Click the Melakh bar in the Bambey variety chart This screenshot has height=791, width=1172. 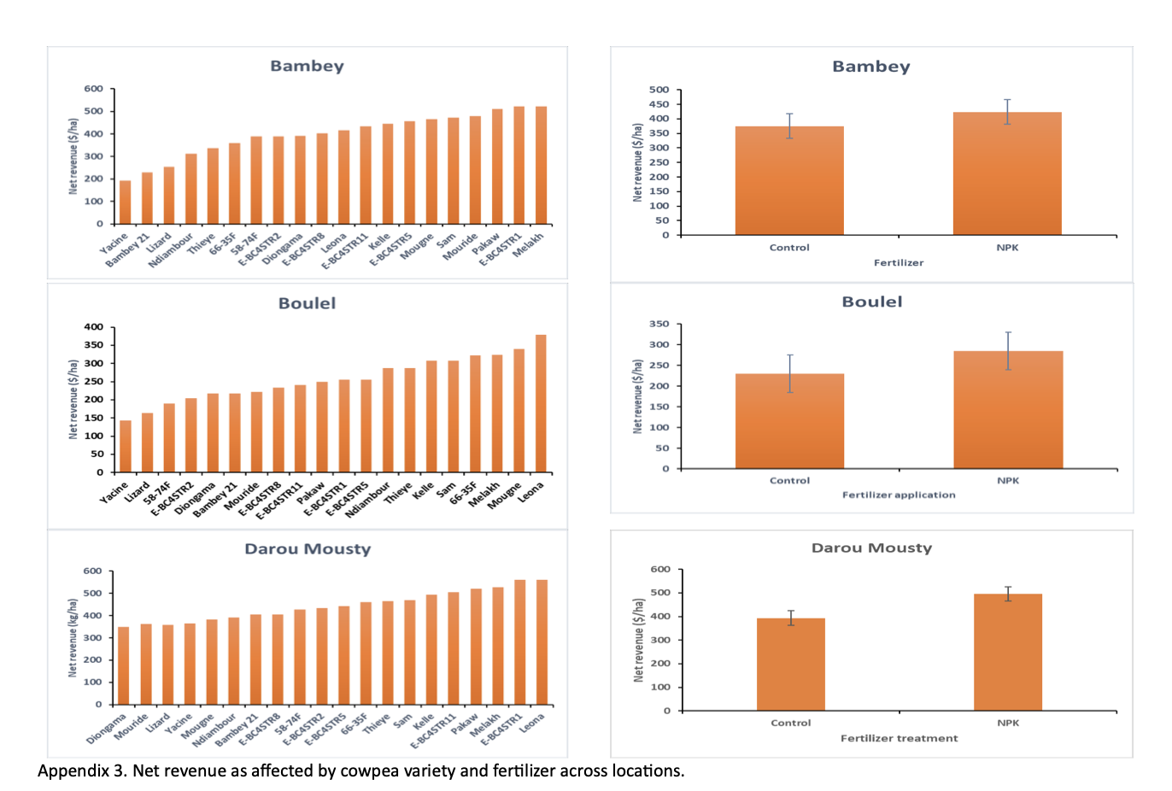(x=541, y=166)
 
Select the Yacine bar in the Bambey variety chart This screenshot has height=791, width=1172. (x=126, y=202)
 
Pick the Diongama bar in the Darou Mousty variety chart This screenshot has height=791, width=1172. (x=124, y=666)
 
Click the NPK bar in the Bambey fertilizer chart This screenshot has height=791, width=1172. (x=1007, y=174)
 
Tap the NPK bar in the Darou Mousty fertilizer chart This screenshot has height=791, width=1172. (x=1007, y=653)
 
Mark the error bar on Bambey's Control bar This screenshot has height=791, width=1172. (x=789, y=126)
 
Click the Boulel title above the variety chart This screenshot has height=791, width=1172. (x=307, y=303)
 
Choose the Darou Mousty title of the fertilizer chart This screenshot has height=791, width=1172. (x=871, y=548)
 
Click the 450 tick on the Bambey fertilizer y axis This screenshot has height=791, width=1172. (x=659, y=104)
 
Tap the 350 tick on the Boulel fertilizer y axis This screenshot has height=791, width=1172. (x=659, y=324)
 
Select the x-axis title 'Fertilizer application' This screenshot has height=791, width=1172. (x=899, y=495)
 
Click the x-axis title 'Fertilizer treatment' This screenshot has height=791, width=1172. (x=899, y=738)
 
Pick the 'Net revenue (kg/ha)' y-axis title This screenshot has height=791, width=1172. (x=73, y=638)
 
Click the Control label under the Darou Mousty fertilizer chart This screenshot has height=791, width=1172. (x=790, y=723)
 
